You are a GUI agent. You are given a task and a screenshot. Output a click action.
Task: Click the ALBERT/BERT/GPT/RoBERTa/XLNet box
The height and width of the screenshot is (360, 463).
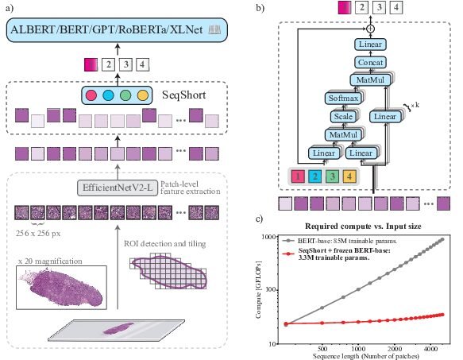tap(117, 30)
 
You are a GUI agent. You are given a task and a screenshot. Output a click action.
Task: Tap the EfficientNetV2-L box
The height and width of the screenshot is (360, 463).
tap(118, 188)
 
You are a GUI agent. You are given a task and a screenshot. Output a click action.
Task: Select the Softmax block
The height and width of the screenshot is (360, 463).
tap(343, 98)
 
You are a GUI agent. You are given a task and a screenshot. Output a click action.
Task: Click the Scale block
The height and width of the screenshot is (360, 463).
tap(343, 117)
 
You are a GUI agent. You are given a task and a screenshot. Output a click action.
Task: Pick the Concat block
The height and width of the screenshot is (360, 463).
tap(370, 62)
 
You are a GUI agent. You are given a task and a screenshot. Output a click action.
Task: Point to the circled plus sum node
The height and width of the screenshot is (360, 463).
tap(370, 29)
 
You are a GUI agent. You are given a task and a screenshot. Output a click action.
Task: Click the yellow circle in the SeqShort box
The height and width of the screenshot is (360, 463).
tap(143, 95)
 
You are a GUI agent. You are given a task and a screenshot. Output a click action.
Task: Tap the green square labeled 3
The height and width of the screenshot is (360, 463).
tap(332, 176)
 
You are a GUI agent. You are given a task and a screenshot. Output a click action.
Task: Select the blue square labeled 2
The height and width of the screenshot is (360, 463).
tap(315, 176)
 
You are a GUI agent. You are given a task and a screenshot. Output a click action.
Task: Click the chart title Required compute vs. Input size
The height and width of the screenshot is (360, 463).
tap(363, 226)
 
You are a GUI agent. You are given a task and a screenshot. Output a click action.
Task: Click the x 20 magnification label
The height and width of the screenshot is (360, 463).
tap(50, 261)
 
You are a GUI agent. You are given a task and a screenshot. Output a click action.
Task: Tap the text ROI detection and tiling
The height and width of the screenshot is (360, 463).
tap(164, 244)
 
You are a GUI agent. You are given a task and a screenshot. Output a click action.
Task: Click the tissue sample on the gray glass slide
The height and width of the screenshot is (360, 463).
tap(118, 328)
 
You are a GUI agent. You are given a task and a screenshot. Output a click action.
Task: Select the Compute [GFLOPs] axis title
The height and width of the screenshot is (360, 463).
tap(259, 289)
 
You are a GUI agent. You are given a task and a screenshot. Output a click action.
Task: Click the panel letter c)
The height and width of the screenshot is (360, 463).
tap(259, 219)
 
